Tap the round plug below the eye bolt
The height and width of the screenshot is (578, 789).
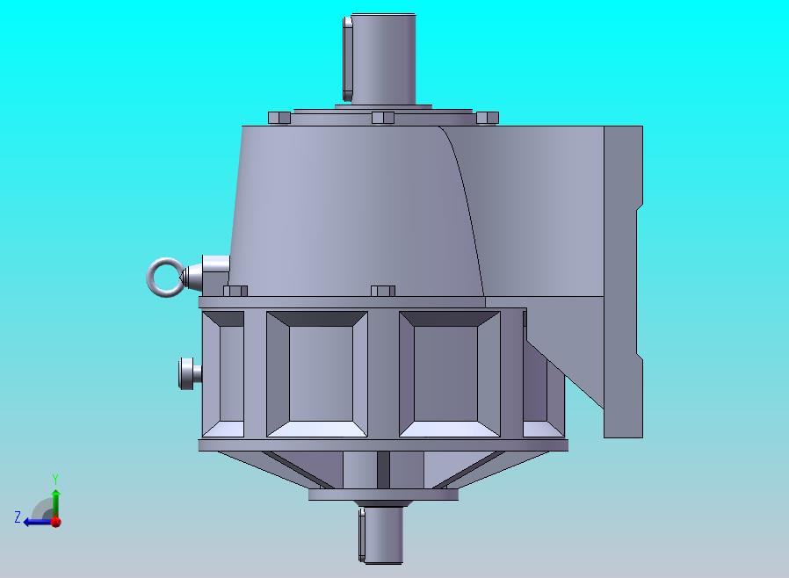click(190, 373)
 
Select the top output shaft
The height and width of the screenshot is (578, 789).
click(383, 60)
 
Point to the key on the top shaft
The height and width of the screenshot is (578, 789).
click(347, 60)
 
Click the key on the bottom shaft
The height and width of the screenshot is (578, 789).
click(362, 535)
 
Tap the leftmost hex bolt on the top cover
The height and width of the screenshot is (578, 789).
click(279, 119)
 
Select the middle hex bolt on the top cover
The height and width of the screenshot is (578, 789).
click(383, 119)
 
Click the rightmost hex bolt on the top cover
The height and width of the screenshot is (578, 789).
click(487, 119)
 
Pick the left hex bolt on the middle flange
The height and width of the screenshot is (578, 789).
click(235, 291)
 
